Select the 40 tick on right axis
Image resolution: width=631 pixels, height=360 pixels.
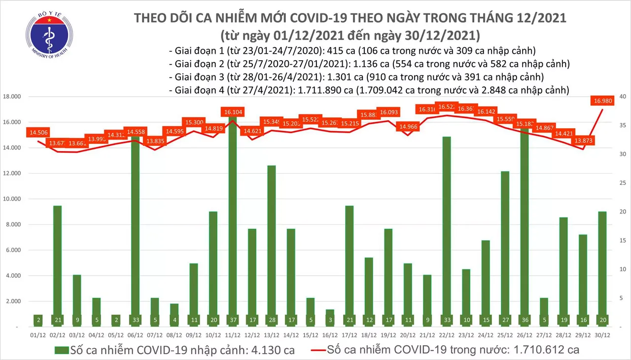click(x=623, y=97)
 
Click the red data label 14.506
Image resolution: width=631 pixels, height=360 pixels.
click(x=39, y=133)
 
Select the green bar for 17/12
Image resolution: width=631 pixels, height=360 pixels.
click(x=350, y=266)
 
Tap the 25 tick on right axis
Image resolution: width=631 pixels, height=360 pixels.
click(x=623, y=183)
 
